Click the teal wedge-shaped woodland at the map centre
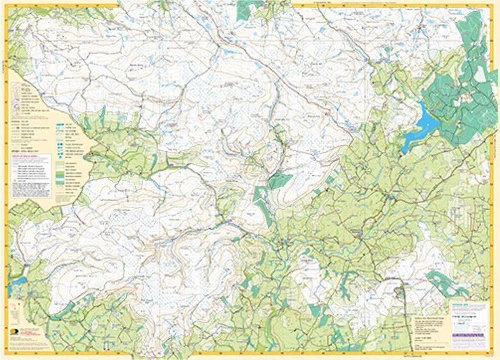279,181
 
